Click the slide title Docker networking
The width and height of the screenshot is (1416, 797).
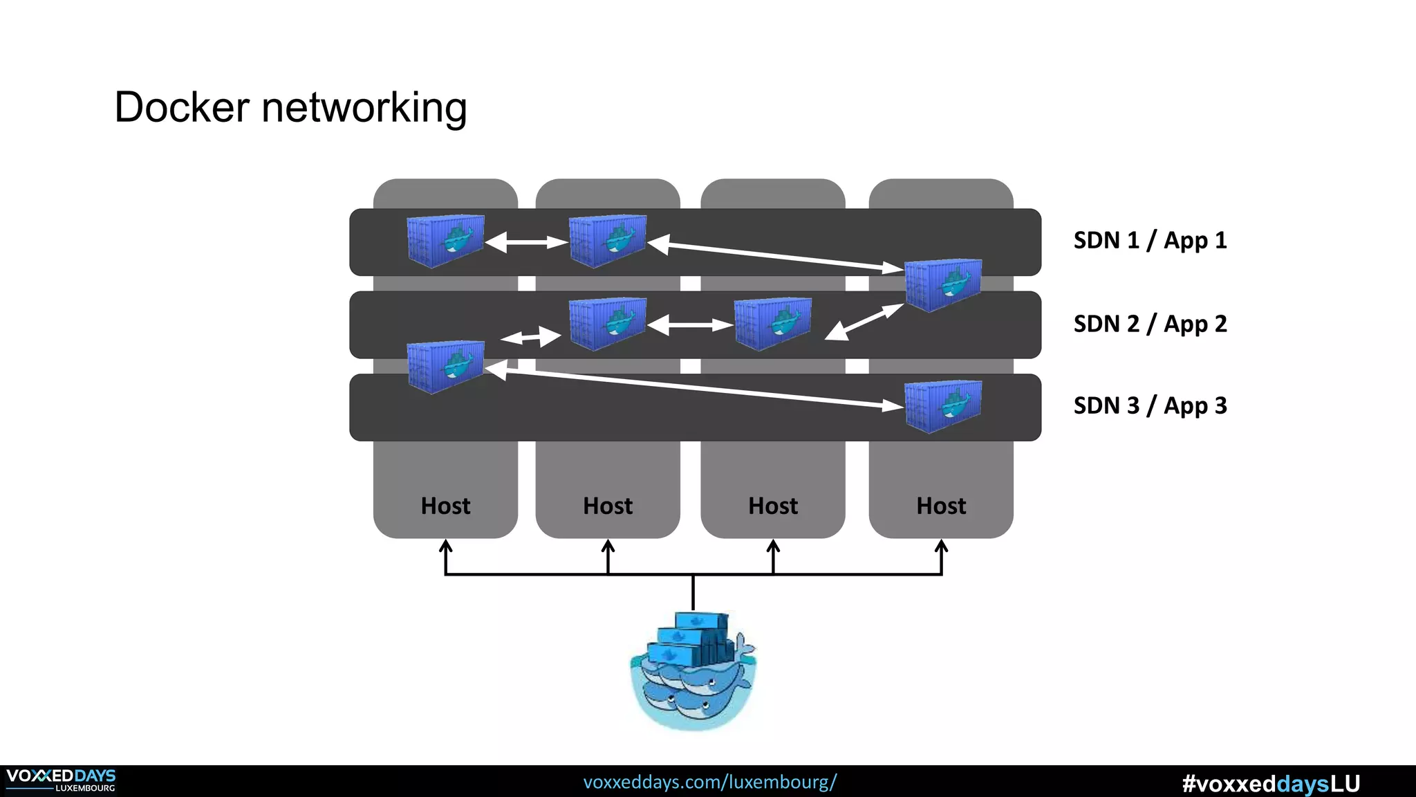tap(290, 108)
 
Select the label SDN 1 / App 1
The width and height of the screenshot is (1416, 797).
tap(1150, 241)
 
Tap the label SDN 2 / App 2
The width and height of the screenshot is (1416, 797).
tap(1150, 324)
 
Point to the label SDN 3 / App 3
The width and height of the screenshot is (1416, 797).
tap(1150, 406)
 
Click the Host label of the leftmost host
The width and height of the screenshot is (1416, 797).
tap(445, 506)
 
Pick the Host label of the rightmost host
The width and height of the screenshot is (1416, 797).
tap(941, 506)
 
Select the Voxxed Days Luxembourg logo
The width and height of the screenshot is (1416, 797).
tap(61, 780)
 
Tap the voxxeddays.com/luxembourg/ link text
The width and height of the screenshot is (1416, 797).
tap(710, 782)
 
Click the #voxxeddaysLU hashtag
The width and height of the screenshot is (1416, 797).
tap(1271, 783)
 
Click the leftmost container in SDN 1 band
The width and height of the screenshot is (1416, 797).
tap(445, 241)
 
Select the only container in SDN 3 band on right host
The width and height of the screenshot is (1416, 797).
tap(943, 407)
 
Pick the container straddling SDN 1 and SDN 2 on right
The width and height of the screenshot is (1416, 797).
tap(943, 285)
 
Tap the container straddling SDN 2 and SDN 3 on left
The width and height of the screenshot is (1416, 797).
tap(445, 367)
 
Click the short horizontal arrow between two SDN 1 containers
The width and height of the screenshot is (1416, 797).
tap(526, 242)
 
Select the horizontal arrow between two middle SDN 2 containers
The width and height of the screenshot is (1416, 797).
tap(690, 324)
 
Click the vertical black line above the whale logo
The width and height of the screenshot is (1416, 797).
tap(693, 592)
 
